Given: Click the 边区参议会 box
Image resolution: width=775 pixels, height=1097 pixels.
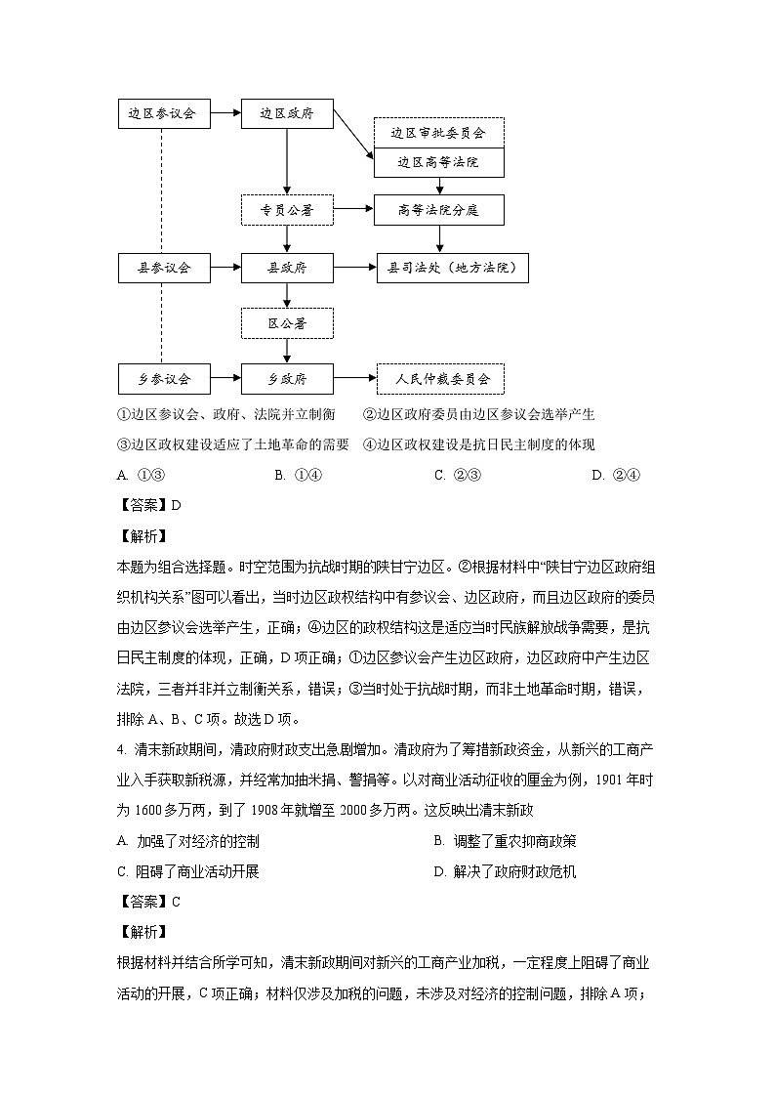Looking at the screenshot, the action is point(162,113).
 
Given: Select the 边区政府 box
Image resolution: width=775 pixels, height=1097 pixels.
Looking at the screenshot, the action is point(287,113).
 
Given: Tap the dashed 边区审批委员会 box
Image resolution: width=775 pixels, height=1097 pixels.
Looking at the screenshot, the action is point(438,132).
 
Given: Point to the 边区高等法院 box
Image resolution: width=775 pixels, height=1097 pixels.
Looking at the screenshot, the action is point(438,162).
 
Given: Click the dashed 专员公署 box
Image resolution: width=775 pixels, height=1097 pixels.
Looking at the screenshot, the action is point(287,209).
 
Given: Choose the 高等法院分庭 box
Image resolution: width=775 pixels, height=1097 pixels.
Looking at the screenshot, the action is point(438,209).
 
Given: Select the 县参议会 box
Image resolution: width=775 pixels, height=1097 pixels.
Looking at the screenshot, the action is point(162,267).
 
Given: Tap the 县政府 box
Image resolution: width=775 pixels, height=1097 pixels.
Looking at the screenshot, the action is point(287,267).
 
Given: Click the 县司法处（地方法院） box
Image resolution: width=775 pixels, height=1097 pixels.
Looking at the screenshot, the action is point(452,267).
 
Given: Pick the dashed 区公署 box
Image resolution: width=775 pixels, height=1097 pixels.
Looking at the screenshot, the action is point(287,322).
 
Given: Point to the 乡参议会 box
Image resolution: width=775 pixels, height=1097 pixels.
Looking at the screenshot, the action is point(162,378).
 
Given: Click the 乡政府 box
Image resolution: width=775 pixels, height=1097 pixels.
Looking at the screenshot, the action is point(287,378).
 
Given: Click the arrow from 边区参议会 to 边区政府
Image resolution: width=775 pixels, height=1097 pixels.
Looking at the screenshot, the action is point(225,113).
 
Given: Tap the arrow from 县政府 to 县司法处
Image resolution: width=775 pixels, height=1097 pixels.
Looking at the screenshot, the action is point(354,267).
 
